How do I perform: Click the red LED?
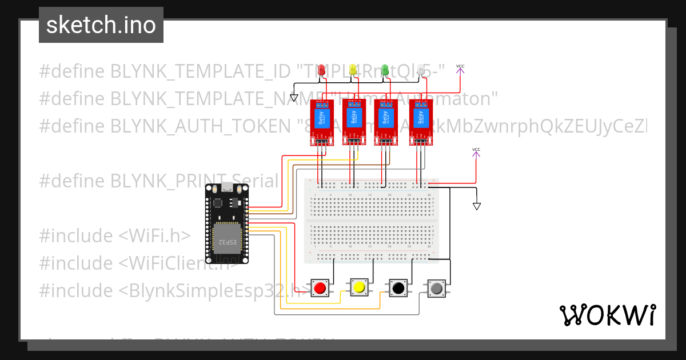coord(322,70)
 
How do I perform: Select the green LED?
coord(385,70)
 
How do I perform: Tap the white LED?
coord(422,70)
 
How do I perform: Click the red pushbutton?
coord(321,288)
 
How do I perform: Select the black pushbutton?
coord(398,288)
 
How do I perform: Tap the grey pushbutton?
coord(437,288)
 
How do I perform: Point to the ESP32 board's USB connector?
coord(227,187)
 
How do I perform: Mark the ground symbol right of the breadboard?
coord(477,206)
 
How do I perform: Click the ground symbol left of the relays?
coord(294,98)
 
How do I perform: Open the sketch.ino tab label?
coord(101,25)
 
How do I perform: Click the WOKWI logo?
coord(607,315)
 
